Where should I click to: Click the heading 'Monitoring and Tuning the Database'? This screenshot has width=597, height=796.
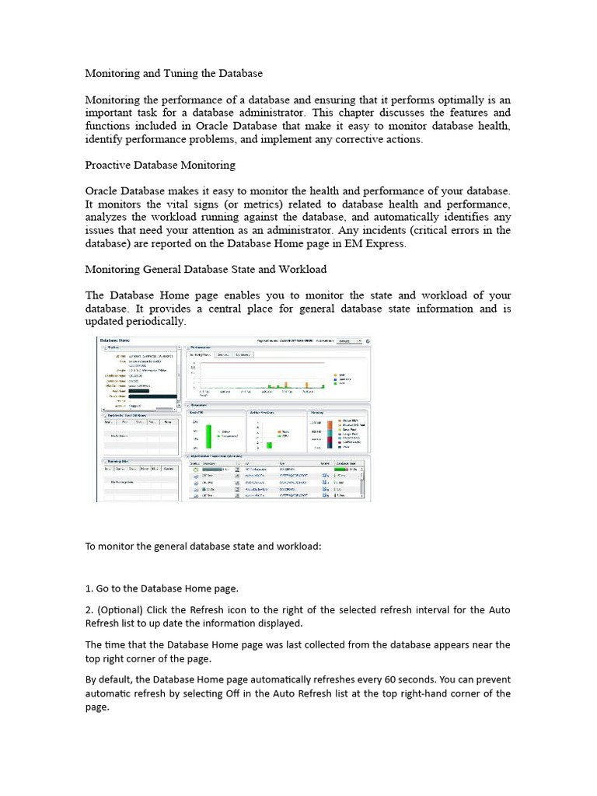[x=173, y=73]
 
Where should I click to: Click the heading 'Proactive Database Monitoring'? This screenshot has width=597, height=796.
[x=160, y=165]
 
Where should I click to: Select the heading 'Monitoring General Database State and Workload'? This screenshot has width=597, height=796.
[x=205, y=269]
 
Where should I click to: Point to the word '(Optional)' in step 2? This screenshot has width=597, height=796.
[x=122, y=609]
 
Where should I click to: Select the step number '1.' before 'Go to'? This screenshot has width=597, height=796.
[x=89, y=588]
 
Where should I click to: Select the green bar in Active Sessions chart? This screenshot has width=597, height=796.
[x=269, y=445]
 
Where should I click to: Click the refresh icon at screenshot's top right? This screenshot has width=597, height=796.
[x=368, y=340]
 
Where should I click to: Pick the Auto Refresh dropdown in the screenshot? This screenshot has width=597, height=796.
[x=349, y=340]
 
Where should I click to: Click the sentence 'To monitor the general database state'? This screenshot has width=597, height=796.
[x=202, y=546]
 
